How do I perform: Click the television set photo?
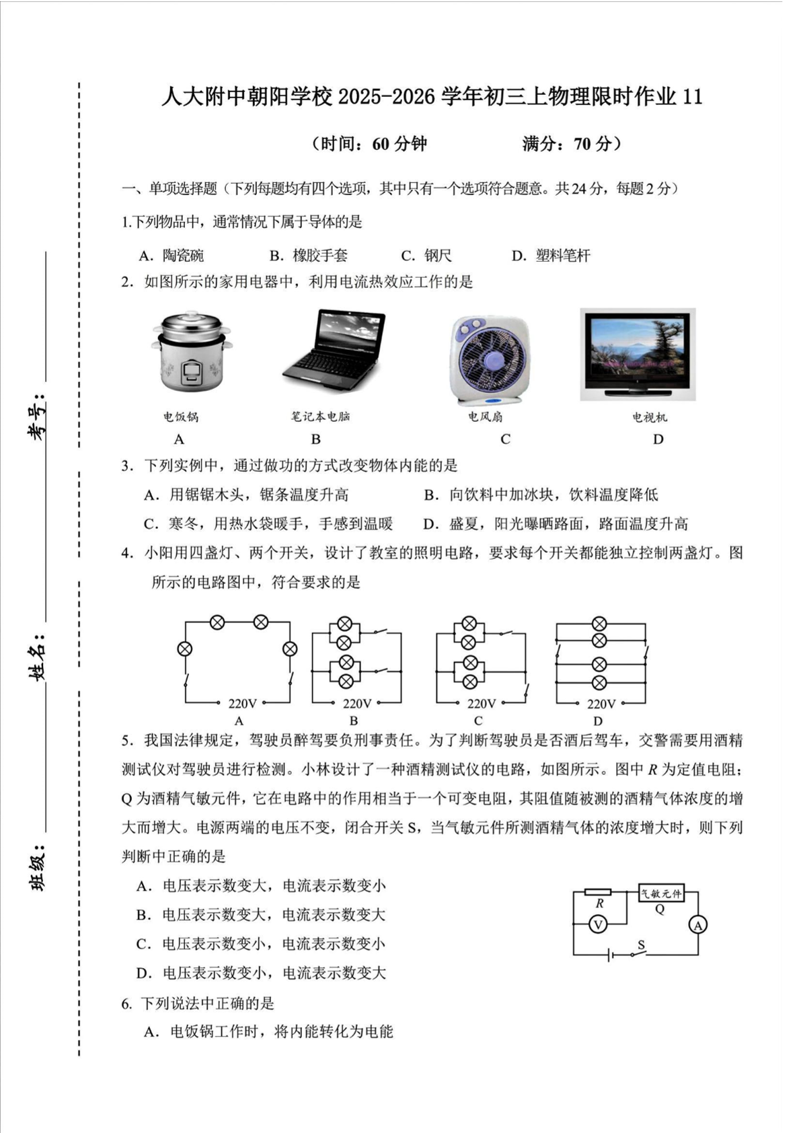tap(638, 355)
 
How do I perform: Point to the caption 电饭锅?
tap(181, 417)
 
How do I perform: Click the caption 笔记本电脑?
tap(320, 416)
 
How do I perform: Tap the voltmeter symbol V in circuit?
tap(597, 925)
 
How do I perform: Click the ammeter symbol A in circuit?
tap(697, 926)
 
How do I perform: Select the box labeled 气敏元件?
tap(660, 893)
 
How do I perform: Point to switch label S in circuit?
tap(641, 945)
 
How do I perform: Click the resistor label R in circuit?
tap(599, 904)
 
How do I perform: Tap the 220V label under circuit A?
tap(242, 704)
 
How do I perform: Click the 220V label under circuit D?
tap(601, 704)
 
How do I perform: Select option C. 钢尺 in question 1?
tap(426, 256)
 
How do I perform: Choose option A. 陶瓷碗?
tap(171, 256)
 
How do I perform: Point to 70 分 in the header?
tap(593, 144)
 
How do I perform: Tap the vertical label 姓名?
tap(38, 654)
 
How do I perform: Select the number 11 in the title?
tap(692, 97)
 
